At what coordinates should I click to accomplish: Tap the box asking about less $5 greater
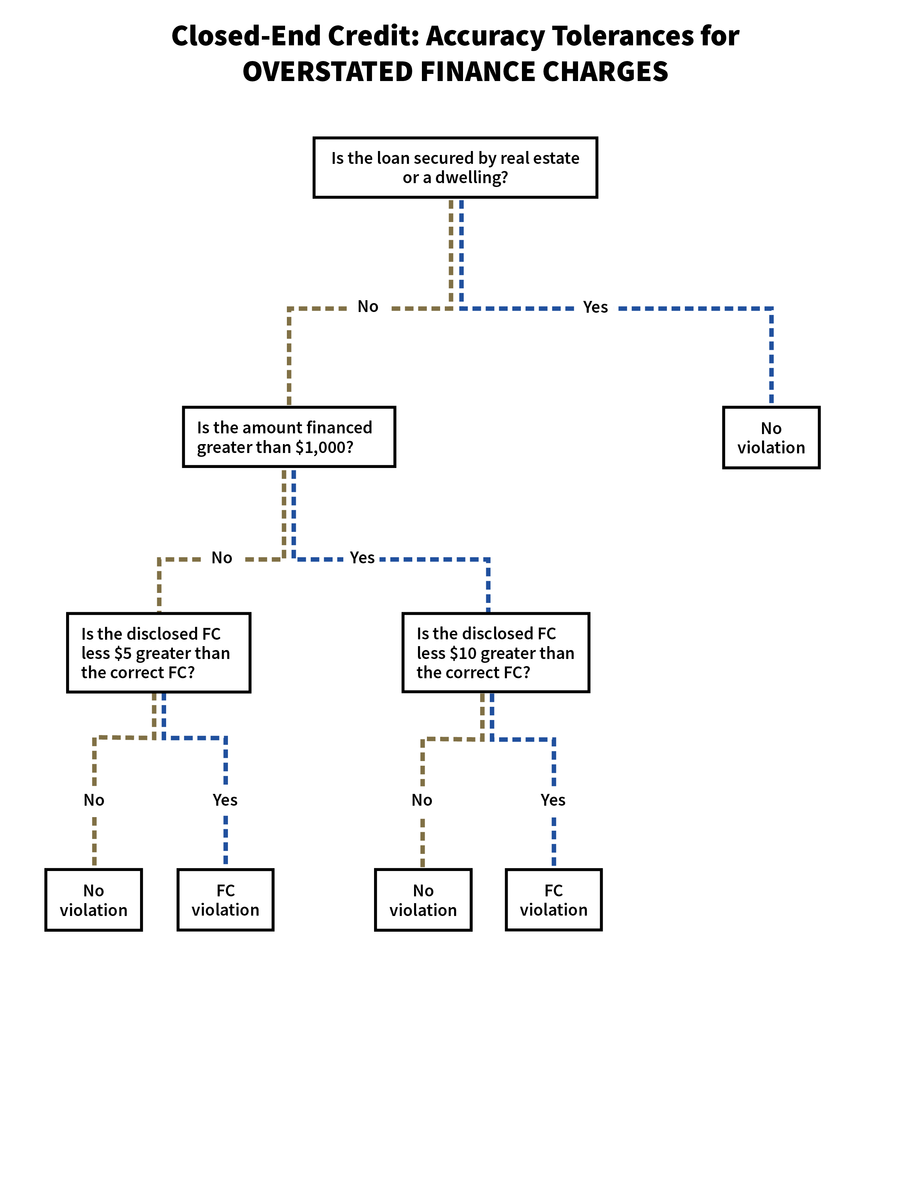click(x=159, y=653)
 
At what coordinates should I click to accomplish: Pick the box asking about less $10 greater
click(x=496, y=653)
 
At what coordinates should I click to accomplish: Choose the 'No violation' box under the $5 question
click(x=93, y=900)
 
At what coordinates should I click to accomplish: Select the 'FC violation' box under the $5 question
click(x=225, y=900)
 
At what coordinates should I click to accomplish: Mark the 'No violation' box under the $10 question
click(x=423, y=900)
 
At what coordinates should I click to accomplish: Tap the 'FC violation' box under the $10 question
click(x=554, y=900)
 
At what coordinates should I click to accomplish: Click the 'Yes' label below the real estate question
click(x=595, y=307)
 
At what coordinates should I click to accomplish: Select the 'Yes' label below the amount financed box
click(x=362, y=558)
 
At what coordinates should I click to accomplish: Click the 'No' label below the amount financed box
click(x=222, y=558)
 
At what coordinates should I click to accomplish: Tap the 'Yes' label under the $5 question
click(x=225, y=800)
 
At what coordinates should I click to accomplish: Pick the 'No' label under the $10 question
click(x=422, y=800)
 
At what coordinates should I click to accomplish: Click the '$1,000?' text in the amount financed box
click(x=324, y=447)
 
